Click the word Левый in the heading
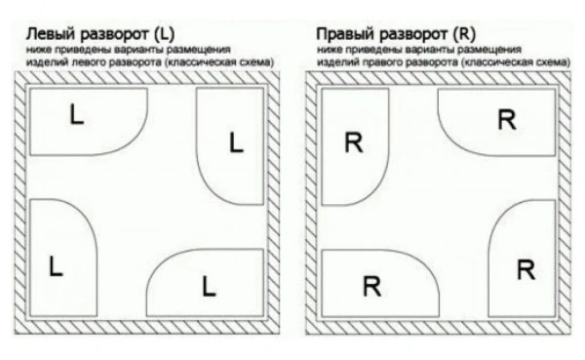[x=51, y=34]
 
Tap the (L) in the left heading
[x=164, y=34]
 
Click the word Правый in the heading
[x=345, y=34]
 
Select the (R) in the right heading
[x=464, y=34]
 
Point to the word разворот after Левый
[x=114, y=35]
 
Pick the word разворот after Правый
[x=413, y=35]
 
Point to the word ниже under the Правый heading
[x=326, y=50]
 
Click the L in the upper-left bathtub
[x=77, y=114]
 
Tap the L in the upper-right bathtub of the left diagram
[x=236, y=142]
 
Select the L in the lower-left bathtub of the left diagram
[x=56, y=266]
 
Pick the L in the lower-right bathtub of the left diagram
[x=209, y=287]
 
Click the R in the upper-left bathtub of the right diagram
[x=353, y=142]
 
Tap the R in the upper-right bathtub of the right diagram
[x=507, y=119]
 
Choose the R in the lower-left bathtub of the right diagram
[x=372, y=287]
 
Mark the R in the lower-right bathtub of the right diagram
[x=526, y=269]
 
